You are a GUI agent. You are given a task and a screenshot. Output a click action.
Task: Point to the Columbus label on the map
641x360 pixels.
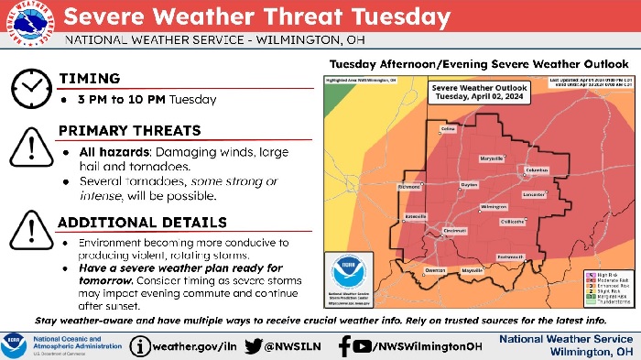pyautogui.click(x=536, y=170)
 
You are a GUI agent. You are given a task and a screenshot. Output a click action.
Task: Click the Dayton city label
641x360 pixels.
pyautogui.click(x=470, y=185)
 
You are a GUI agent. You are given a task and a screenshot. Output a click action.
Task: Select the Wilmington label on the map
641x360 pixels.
pyautogui.click(x=494, y=207)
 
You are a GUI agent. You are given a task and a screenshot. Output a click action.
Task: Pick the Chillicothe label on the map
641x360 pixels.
pyautogui.click(x=512, y=221)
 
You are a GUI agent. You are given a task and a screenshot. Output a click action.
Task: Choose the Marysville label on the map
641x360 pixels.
pyautogui.click(x=492, y=158)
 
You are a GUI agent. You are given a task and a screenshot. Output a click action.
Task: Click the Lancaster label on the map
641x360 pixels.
pyautogui.click(x=534, y=194)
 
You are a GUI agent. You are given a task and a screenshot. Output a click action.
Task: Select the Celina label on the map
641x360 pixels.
pyautogui.click(x=448, y=130)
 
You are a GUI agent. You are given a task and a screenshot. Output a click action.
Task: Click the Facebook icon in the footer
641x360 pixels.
pyautogui.click(x=344, y=345)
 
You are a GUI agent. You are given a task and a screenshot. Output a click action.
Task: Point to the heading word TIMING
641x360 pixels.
pyautogui.click(x=90, y=78)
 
